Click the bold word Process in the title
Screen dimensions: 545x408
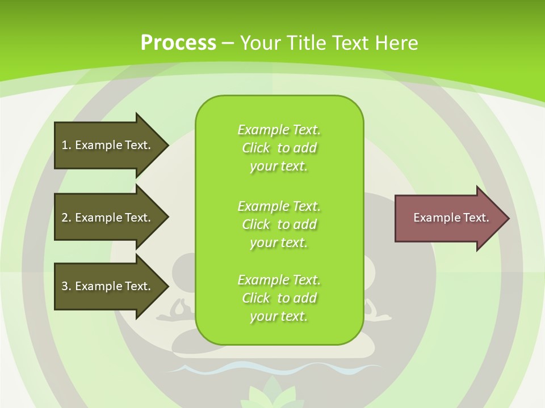coord(178,43)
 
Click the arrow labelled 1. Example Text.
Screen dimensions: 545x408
coord(108,145)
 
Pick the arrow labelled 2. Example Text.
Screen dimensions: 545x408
coord(108,218)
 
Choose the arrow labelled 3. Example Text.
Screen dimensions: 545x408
coord(108,286)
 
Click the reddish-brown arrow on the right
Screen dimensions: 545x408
coord(448,218)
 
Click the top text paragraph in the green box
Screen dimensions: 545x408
coord(279,148)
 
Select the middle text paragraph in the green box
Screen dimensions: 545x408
coord(279,224)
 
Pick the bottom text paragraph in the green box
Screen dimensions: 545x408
coord(279,298)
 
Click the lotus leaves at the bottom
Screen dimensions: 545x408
coord(272,394)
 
